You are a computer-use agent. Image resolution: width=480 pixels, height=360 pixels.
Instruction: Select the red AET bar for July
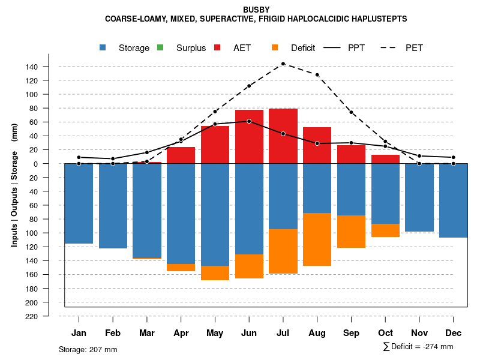[x=283, y=136]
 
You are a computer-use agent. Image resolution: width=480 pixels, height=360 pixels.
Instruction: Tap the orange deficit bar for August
[x=317, y=239]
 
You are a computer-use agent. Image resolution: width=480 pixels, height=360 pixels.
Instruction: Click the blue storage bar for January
[x=79, y=203]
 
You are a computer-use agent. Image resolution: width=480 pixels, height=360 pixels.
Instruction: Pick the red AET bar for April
[x=181, y=155]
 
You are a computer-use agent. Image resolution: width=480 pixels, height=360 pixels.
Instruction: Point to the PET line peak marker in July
[x=283, y=64]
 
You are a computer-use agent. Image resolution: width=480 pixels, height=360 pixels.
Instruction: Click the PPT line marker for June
[x=249, y=121]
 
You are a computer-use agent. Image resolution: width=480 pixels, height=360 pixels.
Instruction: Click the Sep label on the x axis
[x=352, y=333]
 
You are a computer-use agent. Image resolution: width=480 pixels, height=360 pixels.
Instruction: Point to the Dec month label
[x=454, y=333]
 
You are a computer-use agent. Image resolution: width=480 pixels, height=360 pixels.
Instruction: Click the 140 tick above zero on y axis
[x=32, y=67]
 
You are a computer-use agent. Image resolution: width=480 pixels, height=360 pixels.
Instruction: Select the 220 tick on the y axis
[x=32, y=316]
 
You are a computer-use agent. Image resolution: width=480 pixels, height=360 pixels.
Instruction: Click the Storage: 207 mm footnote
[x=88, y=349]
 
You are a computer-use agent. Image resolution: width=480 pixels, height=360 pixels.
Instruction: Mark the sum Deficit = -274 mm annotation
[x=418, y=347]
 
